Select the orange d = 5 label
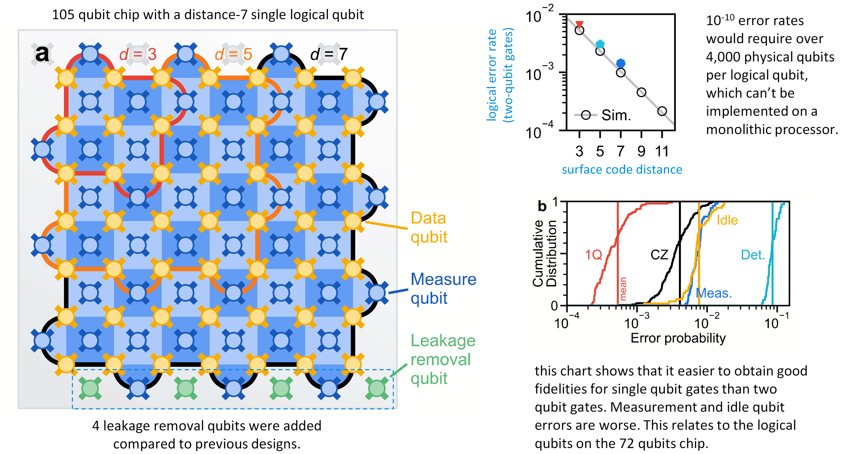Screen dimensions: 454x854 tap(233, 54)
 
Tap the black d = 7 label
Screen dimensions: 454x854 tap(329, 54)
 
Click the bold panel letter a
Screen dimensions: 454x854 tap(42, 54)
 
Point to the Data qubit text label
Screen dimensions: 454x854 tap(429, 227)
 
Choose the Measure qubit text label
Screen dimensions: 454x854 tap(443, 288)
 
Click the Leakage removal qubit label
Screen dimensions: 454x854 tap(443, 359)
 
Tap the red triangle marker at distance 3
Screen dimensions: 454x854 tap(579, 24)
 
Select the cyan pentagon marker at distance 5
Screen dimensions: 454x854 tap(600, 44)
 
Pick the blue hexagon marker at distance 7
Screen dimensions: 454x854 tap(621, 63)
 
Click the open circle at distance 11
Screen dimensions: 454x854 tap(662, 111)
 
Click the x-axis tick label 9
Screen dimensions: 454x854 tap(642, 151)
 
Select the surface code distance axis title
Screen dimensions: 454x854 tap(622, 170)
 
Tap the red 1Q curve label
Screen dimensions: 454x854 tap(594, 255)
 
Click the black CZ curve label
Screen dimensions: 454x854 tap(659, 255)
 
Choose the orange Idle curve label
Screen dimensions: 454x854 tap(727, 220)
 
